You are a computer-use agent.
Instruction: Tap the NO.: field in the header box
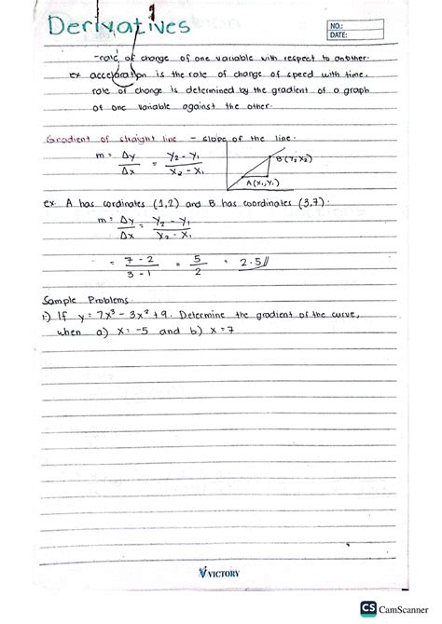(363, 25)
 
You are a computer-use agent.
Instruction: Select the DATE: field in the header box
(363, 35)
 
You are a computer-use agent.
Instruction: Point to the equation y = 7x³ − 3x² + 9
(123, 316)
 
